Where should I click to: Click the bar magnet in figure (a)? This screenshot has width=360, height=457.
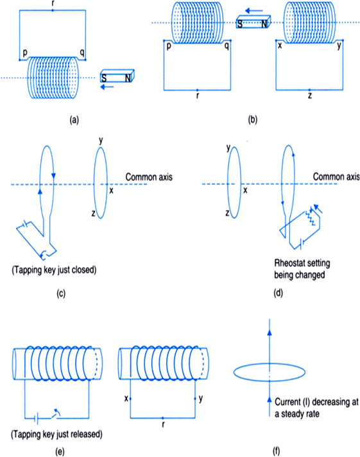(117, 76)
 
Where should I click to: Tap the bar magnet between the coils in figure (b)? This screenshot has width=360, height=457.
(253, 22)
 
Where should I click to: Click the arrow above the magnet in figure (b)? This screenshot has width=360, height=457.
(254, 11)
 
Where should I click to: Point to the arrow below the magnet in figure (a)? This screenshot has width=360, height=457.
(107, 87)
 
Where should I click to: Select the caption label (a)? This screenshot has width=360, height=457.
(74, 120)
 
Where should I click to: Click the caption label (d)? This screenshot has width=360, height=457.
(278, 293)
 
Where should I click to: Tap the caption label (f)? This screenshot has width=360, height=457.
(276, 451)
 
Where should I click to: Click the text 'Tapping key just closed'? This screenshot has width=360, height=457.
(54, 270)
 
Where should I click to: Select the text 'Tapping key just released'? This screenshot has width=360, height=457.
(56, 435)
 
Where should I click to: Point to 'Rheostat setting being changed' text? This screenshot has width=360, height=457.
(302, 269)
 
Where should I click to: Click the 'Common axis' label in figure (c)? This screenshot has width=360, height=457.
(149, 177)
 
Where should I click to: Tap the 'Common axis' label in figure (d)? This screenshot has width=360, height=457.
(336, 177)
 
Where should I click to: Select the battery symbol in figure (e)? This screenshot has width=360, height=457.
(37, 419)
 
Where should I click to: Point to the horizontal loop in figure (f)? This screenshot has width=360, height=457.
(270, 363)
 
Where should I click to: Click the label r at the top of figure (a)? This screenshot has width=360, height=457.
(53, 4)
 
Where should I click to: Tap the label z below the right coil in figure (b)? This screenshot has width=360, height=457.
(309, 95)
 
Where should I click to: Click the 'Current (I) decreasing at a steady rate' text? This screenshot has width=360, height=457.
(316, 408)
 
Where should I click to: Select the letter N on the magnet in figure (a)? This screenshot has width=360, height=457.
(128, 78)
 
